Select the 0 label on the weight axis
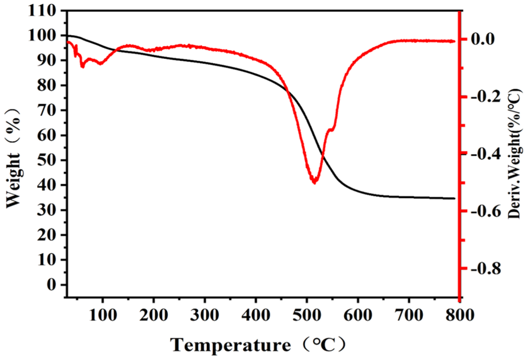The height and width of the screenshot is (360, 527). click(52, 285)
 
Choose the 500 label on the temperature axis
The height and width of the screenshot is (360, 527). click(307, 315)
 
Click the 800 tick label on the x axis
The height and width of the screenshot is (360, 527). click(460, 315)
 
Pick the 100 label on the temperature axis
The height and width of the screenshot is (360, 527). click(103, 315)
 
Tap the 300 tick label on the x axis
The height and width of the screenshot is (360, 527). click(205, 315)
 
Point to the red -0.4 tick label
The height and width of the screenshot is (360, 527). click(485, 153)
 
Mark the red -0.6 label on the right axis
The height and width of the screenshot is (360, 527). click(485, 211)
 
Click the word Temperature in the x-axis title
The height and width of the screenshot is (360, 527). click(231, 345)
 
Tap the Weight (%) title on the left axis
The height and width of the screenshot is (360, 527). click(13, 159)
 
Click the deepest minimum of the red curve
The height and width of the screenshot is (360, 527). click(314, 182)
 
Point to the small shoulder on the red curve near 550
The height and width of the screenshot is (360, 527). click(331, 130)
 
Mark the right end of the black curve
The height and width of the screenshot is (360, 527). click(454, 198)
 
